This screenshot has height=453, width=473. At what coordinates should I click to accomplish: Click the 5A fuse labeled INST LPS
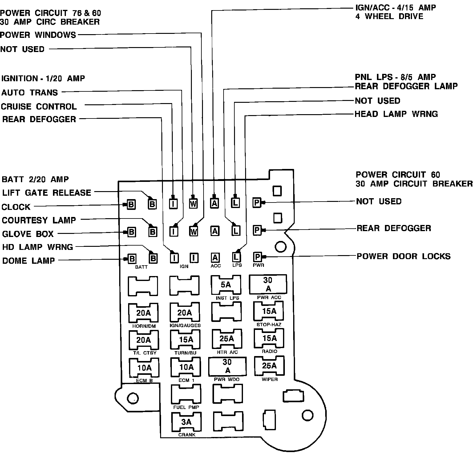[226, 285]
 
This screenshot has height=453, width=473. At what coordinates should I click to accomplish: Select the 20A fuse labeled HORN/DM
[144, 313]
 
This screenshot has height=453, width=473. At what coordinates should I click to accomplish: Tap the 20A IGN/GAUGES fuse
[184, 313]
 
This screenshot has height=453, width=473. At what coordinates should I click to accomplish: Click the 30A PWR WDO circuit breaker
[227, 366]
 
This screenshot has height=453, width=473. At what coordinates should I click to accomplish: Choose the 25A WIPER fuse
[269, 366]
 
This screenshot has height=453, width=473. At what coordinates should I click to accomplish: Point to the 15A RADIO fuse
[269, 339]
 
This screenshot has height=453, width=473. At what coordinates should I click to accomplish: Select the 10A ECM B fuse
[144, 368]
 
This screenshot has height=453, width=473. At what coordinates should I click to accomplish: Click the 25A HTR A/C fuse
[227, 339]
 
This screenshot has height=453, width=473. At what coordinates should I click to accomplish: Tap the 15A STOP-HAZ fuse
[269, 311]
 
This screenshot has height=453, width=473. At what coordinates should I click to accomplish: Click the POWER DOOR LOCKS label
[403, 256]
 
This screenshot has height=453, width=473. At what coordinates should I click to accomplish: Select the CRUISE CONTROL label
[39, 106]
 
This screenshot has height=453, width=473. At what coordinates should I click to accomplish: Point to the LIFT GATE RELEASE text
[46, 193]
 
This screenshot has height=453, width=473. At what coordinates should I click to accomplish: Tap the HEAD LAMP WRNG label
[396, 114]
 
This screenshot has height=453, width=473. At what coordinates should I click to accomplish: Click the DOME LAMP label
[28, 261]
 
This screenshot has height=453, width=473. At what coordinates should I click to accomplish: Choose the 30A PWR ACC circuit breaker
[268, 284]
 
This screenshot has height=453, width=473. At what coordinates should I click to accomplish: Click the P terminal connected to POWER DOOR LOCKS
[257, 257]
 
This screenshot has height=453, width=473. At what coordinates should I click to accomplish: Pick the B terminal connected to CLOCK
[131, 204]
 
